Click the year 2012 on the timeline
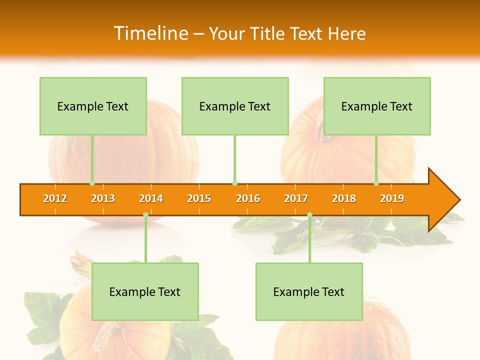[x=55, y=199]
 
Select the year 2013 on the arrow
[x=103, y=199]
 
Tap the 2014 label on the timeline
[x=151, y=199]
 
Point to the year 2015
[x=199, y=199]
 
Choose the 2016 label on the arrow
[x=248, y=199]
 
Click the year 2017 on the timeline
[x=296, y=199]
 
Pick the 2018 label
[x=344, y=199]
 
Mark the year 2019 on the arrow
[x=392, y=199]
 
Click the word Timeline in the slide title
[x=150, y=33]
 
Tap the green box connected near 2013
[x=93, y=106]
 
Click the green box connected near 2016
[x=235, y=106]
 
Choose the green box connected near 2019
[x=377, y=106]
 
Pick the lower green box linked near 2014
[x=145, y=291]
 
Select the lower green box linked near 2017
[x=309, y=291]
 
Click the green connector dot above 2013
[x=92, y=183]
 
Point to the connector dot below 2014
[x=145, y=215]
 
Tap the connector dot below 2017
[x=309, y=215]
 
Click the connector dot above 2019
[x=376, y=183]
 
